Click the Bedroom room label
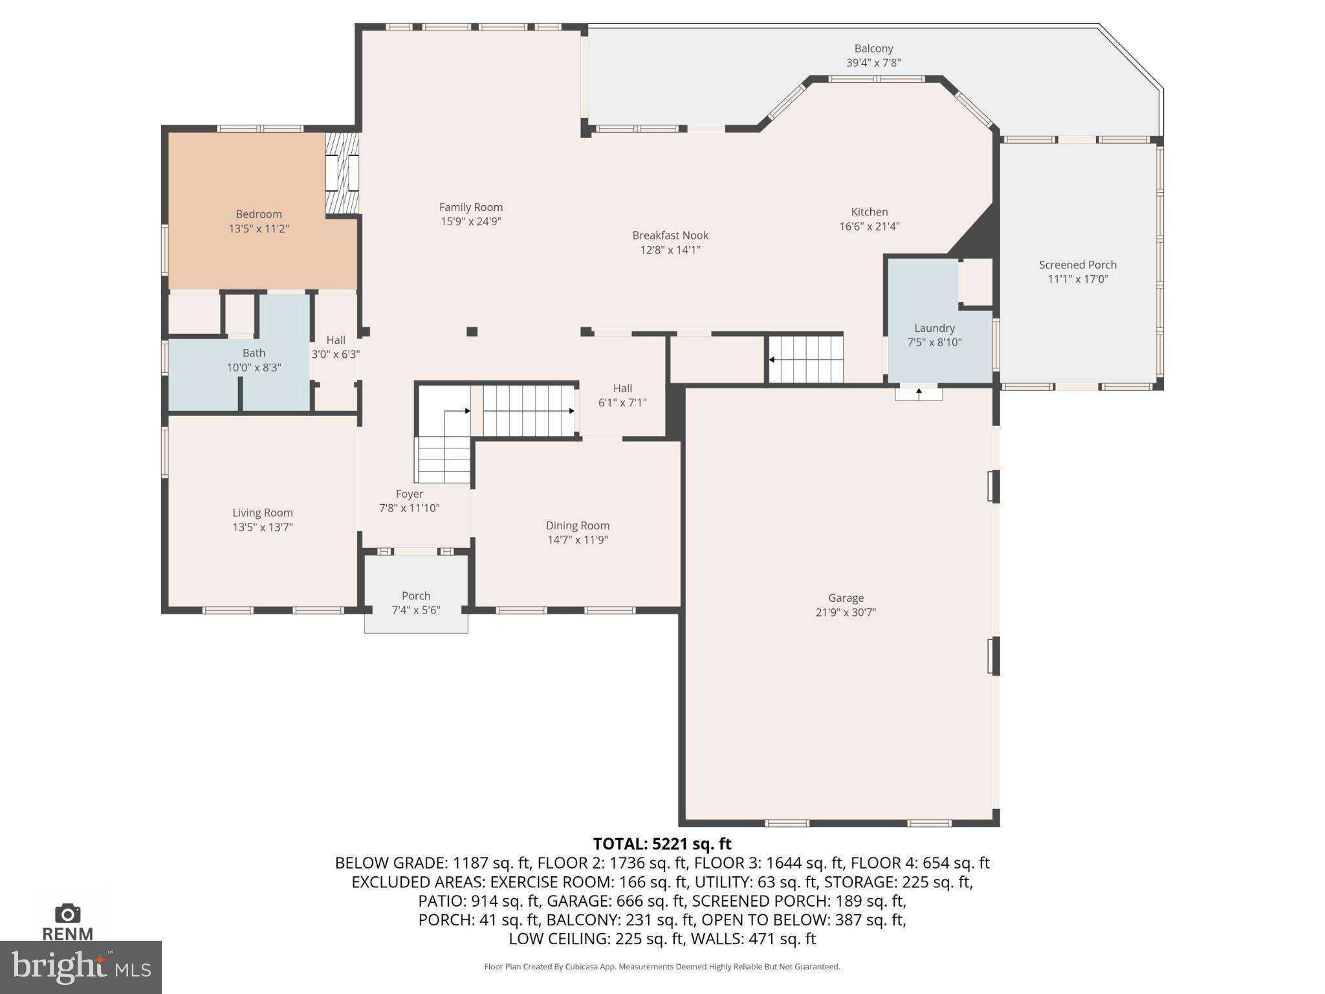(258, 214)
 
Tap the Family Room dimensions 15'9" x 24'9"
(470, 222)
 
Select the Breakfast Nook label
(670, 236)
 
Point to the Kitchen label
(869, 212)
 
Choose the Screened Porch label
(1077, 265)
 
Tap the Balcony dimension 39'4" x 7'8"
(873, 63)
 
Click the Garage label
(846, 598)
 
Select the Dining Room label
(577, 525)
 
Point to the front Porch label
(415, 596)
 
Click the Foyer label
(409, 494)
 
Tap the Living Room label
(262, 513)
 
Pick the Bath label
(254, 353)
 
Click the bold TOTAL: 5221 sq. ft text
(662, 844)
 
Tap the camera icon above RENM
(67, 914)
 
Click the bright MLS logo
(80, 967)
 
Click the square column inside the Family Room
(472, 331)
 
